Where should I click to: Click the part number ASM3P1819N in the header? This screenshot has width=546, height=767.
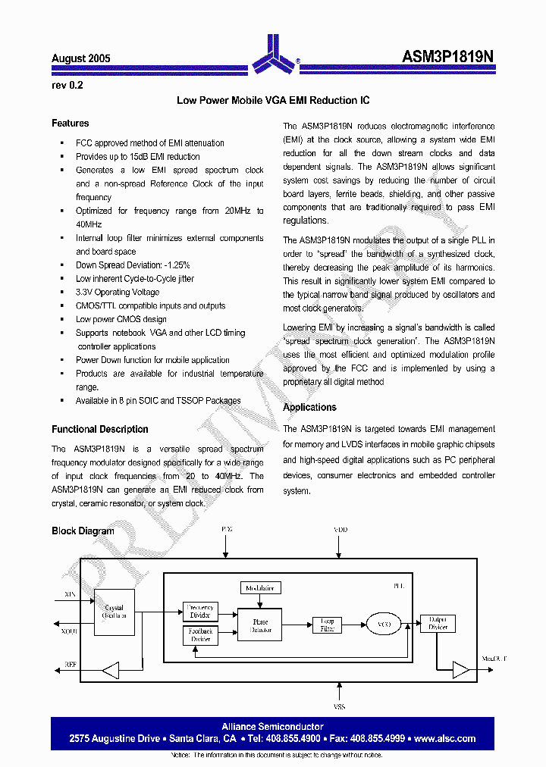point(447,58)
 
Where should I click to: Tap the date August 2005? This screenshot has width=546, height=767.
point(81,58)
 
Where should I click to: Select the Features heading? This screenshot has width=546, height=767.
point(71,124)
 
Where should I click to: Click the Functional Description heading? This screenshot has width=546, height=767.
point(100,429)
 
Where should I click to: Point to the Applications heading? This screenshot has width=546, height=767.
point(309,408)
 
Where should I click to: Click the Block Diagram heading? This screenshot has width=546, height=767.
point(83,531)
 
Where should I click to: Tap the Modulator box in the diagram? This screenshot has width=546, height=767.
point(260,587)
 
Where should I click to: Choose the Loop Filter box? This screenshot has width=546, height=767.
point(327,625)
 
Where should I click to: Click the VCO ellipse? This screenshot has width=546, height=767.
point(384,625)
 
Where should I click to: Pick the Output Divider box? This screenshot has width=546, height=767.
point(438,624)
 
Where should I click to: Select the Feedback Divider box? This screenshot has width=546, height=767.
point(201,635)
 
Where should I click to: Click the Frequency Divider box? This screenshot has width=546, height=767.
point(201,612)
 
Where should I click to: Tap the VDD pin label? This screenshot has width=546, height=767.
point(340,530)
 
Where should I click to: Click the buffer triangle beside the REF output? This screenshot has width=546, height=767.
point(111,670)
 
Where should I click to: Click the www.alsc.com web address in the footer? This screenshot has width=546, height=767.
point(445,738)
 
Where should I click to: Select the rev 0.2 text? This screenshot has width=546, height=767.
point(67,85)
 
